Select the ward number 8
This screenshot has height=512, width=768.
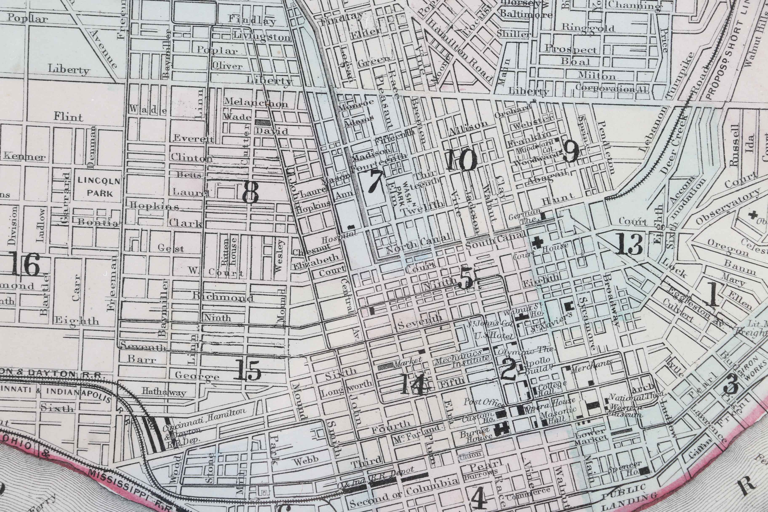tap(251, 192)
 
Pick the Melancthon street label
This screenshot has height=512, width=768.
tap(255, 103)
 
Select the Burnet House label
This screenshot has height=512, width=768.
tap(475, 434)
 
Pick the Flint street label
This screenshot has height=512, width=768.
tap(69, 117)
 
